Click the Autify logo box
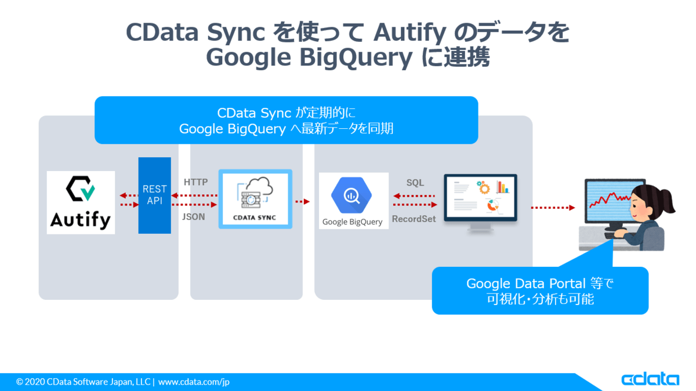pos(81,202)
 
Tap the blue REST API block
pos(154,195)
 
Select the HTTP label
pos(195,182)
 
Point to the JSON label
pos(194,217)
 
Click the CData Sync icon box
pos(255,199)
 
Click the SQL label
pos(415,183)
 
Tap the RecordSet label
pos(414,219)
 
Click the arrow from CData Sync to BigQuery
pos(302,202)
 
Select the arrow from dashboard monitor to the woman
pos(552,207)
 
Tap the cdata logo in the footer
pos(650,379)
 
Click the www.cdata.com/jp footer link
pos(194,382)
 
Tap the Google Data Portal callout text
pos(540,291)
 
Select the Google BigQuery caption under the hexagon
pos(352,222)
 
